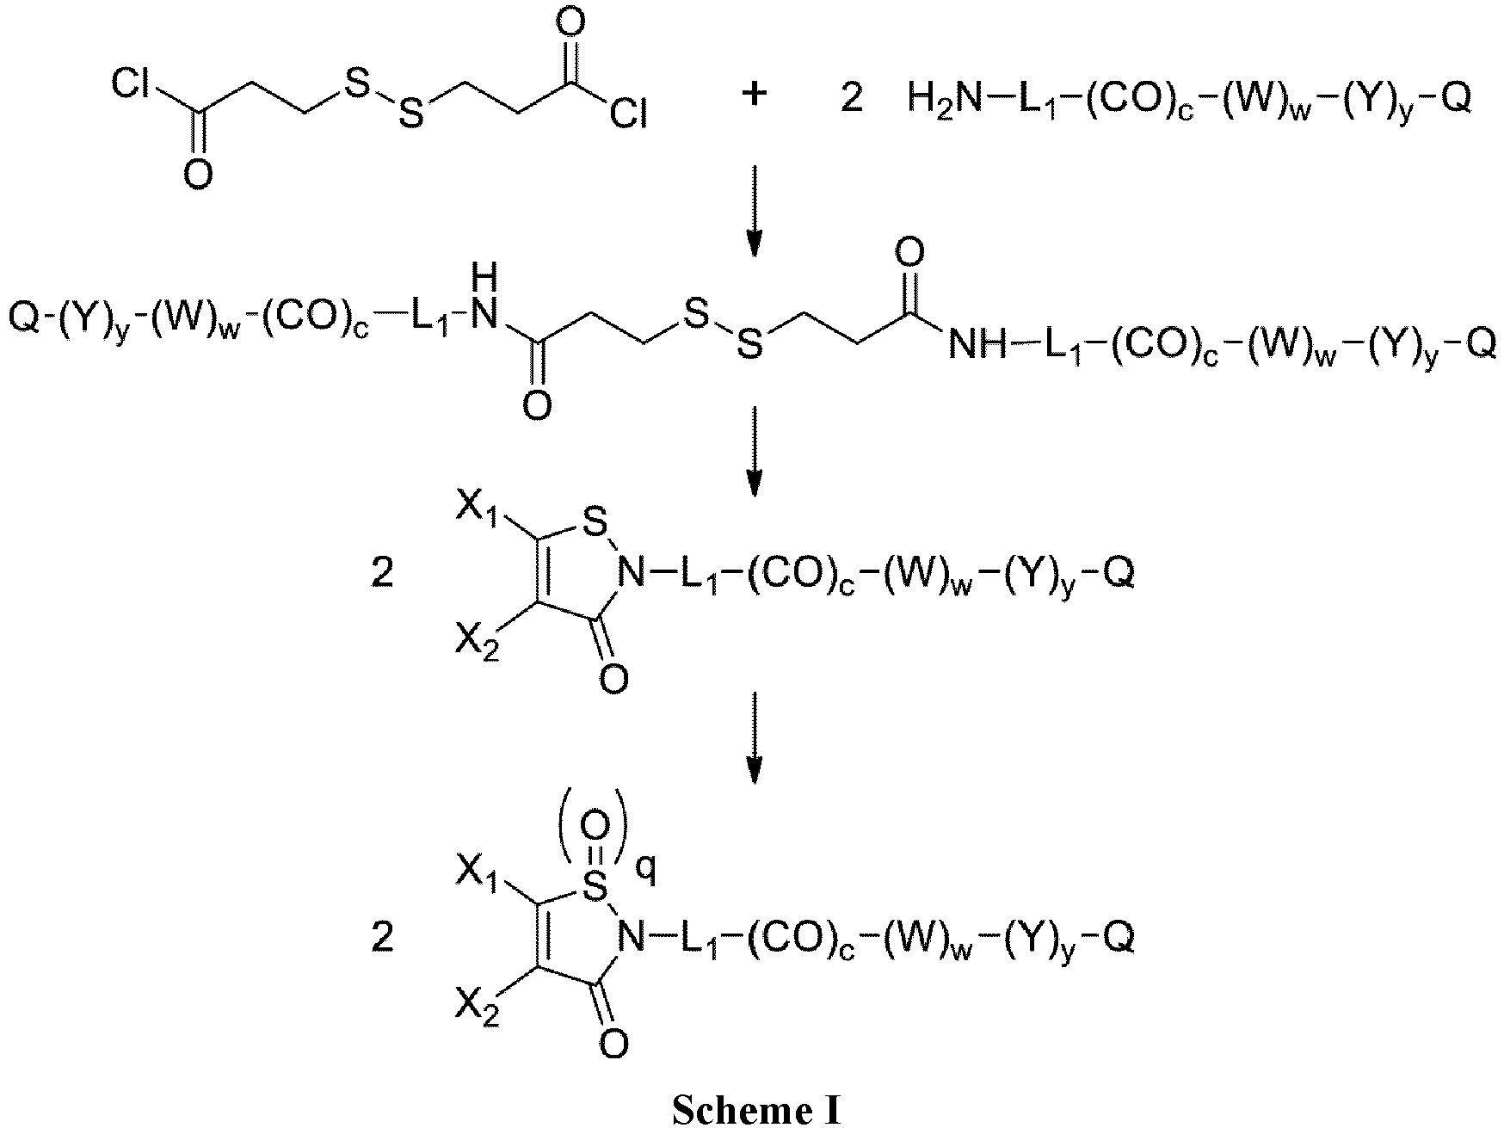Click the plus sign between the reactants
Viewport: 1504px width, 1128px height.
[754, 96]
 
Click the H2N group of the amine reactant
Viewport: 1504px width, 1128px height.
[945, 103]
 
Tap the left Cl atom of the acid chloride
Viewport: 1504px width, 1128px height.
[133, 86]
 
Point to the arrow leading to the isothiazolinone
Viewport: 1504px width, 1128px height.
[754, 451]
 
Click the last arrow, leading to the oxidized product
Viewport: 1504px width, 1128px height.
[754, 738]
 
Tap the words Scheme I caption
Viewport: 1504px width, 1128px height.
[754, 1110]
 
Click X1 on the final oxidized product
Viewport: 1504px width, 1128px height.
[479, 876]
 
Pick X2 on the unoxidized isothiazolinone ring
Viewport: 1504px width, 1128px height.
[479, 640]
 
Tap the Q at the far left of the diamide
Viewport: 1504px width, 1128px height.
[23, 317]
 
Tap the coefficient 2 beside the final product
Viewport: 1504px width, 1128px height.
[382, 937]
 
